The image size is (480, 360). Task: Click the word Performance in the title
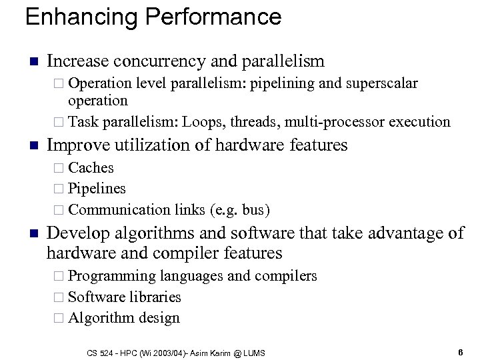click(203, 16)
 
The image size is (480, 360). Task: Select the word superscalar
click(379, 83)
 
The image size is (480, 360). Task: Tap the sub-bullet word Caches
click(91, 167)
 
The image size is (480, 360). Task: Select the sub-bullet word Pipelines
click(97, 189)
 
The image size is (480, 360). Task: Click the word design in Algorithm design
click(161, 318)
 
